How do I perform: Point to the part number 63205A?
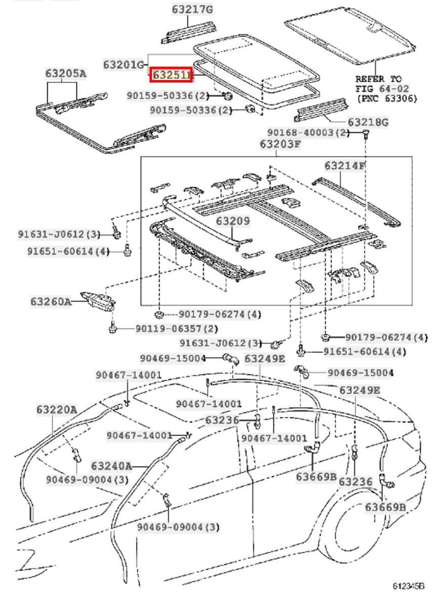(x=65, y=74)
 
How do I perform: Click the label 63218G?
(x=368, y=122)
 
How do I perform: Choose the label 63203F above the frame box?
(x=280, y=143)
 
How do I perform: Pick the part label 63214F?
(x=345, y=166)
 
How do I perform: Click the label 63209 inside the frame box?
(x=233, y=221)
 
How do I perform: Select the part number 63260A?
(x=50, y=301)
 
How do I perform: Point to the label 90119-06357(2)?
(x=176, y=328)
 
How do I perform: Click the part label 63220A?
(x=56, y=409)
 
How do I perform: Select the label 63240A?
(x=111, y=466)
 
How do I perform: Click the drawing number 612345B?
(x=408, y=586)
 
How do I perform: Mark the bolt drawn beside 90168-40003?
(x=366, y=134)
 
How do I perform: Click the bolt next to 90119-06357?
(x=112, y=328)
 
